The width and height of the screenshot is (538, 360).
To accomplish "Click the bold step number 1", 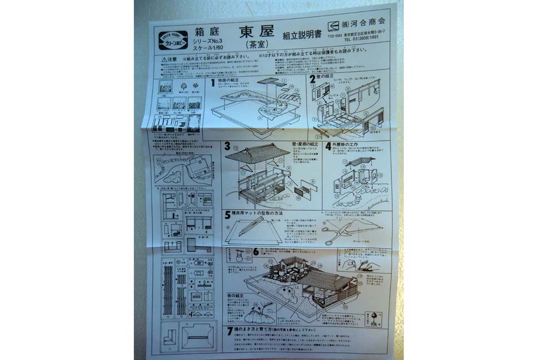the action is [x=213, y=83].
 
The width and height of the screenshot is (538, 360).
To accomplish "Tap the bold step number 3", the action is [x=227, y=146].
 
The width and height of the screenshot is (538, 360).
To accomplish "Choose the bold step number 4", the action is [x=328, y=146].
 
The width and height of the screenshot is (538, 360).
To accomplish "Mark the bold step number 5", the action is [x=227, y=214].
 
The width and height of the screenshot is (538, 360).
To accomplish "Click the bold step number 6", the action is [x=256, y=251].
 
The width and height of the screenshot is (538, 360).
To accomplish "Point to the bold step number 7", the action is [x=230, y=331].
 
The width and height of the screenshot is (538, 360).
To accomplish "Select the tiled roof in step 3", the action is [x=257, y=153].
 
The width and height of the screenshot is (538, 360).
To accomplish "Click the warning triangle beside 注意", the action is [x=165, y=59].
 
